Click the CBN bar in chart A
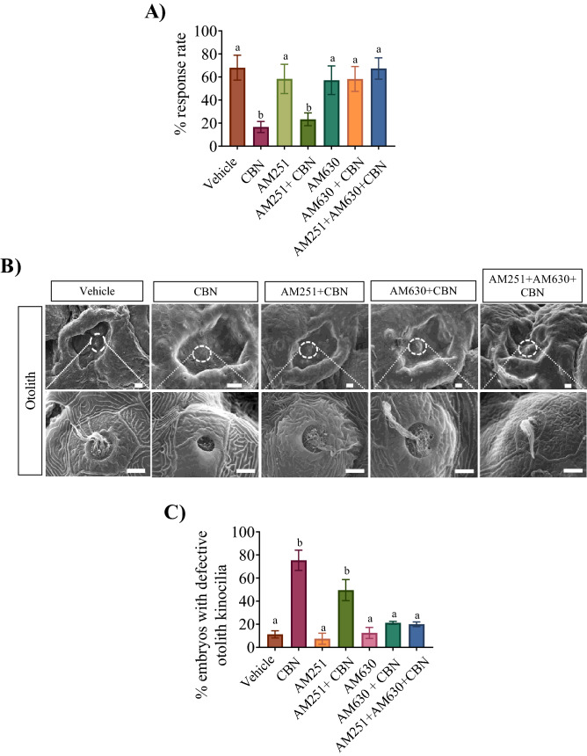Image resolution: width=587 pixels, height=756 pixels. (261, 137)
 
